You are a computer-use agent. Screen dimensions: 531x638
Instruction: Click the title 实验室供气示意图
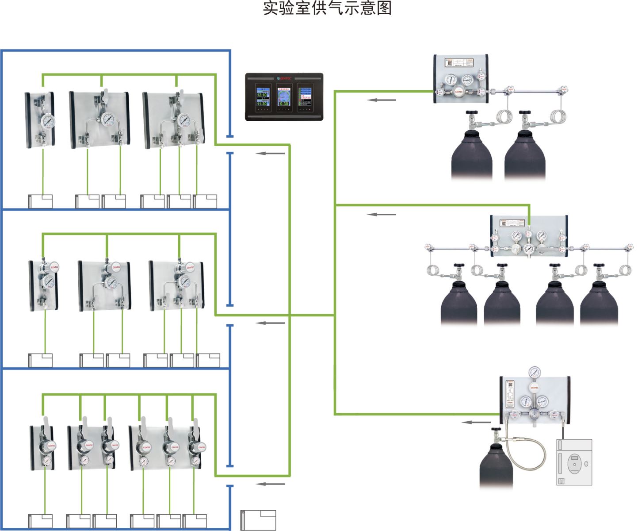point(327,8)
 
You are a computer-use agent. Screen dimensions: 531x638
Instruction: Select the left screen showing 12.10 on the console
point(262,97)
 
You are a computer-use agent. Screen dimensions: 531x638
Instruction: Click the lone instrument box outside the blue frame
point(258,520)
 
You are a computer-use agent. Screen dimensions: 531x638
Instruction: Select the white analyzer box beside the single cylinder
point(574,462)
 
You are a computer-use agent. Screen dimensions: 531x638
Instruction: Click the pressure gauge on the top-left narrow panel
point(46,120)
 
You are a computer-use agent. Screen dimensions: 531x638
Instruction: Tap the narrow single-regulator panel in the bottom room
point(42,448)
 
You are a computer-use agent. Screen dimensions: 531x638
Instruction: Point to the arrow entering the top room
point(270,154)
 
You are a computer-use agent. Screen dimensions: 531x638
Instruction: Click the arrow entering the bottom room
point(270,484)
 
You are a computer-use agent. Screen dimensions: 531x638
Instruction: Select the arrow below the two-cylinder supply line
point(382,100)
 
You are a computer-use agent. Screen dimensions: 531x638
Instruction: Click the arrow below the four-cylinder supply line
point(382,214)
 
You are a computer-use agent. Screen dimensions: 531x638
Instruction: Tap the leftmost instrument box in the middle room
point(40,360)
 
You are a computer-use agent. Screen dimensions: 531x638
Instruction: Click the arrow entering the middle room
point(270,323)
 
